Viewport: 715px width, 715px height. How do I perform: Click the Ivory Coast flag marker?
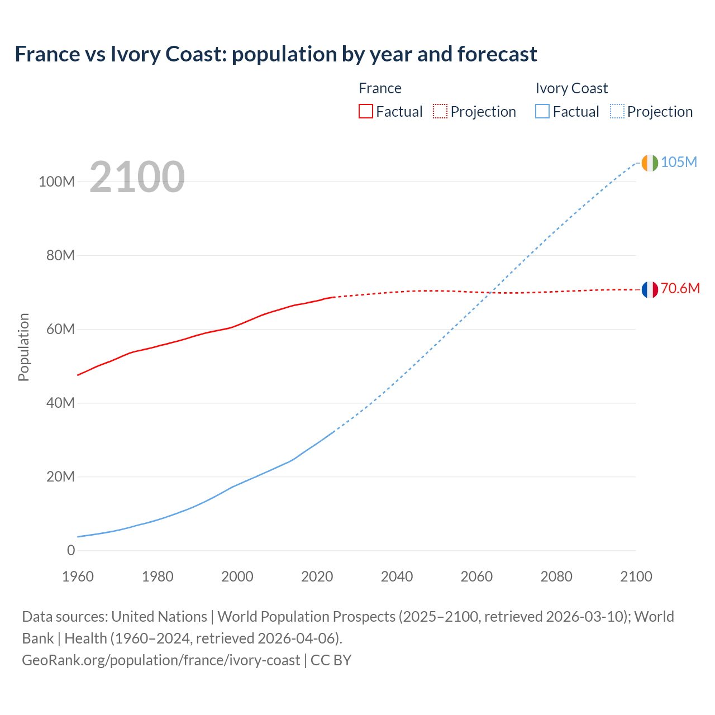pyautogui.click(x=650, y=163)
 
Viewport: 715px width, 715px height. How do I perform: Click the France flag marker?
pyautogui.click(x=650, y=289)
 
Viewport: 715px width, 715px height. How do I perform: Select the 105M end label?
pyautogui.click(x=679, y=162)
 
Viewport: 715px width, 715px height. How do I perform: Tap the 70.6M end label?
pyautogui.click(x=680, y=288)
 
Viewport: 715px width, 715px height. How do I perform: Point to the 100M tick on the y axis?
pyautogui.click(x=56, y=182)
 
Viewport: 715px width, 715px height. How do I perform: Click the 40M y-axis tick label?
pyautogui.click(x=60, y=403)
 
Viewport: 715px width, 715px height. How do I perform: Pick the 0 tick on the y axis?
pyautogui.click(x=71, y=550)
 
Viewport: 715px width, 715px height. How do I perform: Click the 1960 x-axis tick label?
pyautogui.click(x=78, y=576)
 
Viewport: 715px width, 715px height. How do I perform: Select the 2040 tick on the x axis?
pyautogui.click(x=397, y=576)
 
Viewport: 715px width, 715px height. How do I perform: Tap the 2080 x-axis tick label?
pyautogui.click(x=556, y=576)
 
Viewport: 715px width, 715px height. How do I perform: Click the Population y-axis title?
pyautogui.click(x=23, y=347)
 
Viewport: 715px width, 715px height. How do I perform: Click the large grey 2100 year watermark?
pyautogui.click(x=137, y=177)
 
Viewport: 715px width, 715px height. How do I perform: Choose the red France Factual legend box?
pyautogui.click(x=365, y=111)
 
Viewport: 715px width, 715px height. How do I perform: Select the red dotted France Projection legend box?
pyautogui.click(x=440, y=111)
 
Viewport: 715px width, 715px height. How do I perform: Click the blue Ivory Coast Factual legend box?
pyautogui.click(x=542, y=111)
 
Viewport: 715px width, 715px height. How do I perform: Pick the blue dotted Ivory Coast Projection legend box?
pyautogui.click(x=617, y=111)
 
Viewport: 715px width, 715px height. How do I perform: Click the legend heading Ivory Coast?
pyautogui.click(x=571, y=88)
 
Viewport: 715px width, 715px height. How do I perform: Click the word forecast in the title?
pyautogui.click(x=497, y=54)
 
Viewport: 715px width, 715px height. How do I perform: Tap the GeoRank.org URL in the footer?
pyautogui.click(x=161, y=660)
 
